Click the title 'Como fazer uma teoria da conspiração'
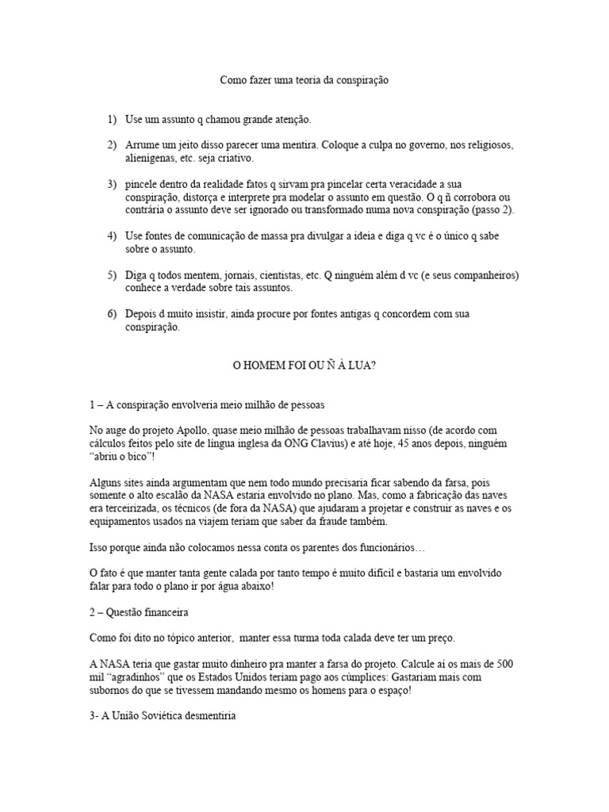pyautogui.click(x=304, y=80)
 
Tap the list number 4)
pyautogui.click(x=112, y=236)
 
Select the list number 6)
pyautogui.click(x=112, y=314)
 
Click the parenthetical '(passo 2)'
pyautogui.click(x=484, y=210)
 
